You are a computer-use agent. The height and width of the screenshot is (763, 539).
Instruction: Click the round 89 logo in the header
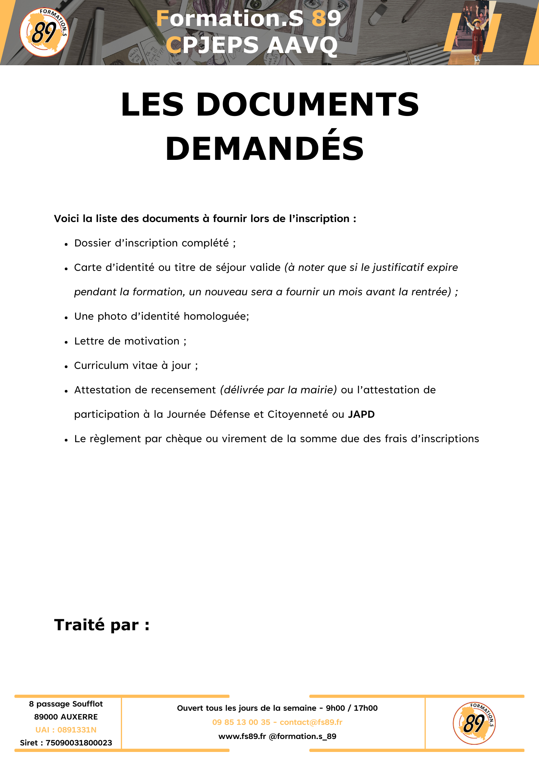44,32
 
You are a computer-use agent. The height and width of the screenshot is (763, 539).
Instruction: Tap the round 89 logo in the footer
474,723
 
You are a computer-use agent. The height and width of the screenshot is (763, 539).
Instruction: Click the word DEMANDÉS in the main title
265,148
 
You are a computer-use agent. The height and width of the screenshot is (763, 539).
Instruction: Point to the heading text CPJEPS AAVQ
252,45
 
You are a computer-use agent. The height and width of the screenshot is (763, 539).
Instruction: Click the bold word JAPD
361,414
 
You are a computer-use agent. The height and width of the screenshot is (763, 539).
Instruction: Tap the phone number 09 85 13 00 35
241,722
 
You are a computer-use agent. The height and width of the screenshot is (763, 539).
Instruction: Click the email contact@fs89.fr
311,722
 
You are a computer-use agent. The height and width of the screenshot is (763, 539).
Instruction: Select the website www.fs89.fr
242,736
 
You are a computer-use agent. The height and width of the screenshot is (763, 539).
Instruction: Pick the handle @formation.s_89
303,736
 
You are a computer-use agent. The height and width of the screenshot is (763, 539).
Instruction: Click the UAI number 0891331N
77,730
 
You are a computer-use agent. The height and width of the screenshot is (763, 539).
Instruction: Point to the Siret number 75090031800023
79,743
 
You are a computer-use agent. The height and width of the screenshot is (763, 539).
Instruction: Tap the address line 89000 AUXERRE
66,717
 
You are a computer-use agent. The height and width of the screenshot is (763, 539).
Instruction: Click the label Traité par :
102,625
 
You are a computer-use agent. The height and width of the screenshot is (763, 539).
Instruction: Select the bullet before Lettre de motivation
66,342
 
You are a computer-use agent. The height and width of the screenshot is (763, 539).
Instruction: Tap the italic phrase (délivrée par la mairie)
278,390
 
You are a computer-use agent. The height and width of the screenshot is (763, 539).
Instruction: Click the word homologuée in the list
216,317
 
